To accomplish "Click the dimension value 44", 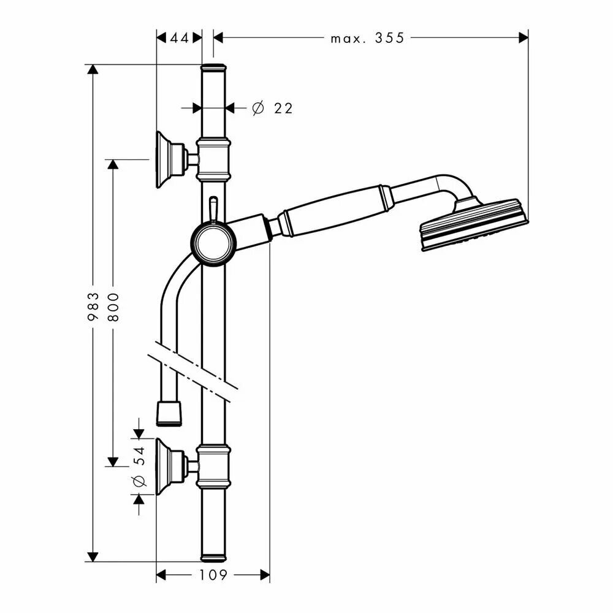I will tap(179, 38).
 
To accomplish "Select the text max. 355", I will tap(367, 38).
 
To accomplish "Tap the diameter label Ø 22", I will tap(273, 109).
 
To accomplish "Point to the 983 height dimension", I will tap(93, 306).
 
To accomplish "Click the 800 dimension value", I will tap(113, 306).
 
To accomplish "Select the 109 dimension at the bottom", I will tap(213, 575).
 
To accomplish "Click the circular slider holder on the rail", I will tap(213, 243).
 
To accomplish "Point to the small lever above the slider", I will tap(213, 208).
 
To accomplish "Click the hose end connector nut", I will tap(169, 413).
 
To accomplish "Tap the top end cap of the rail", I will tap(213, 67).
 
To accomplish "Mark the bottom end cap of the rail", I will tap(213, 558).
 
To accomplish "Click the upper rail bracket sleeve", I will tap(213, 159).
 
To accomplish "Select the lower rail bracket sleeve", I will tap(213, 466).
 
